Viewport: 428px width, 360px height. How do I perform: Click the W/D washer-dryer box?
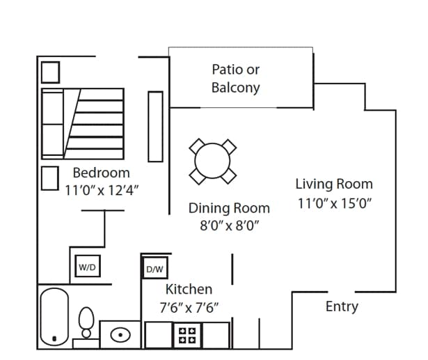pyautogui.click(x=88, y=266)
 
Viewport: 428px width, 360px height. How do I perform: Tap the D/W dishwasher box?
pyautogui.click(x=154, y=268)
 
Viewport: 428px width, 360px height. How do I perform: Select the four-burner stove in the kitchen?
pyautogui.click(x=187, y=336)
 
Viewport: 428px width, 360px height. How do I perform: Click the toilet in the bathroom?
pyautogui.click(x=86, y=322)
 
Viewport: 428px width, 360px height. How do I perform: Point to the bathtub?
pyautogui.click(x=54, y=317)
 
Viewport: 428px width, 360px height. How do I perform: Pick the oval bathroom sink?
pyautogui.click(x=120, y=335)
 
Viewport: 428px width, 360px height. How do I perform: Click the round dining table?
pyautogui.click(x=212, y=161)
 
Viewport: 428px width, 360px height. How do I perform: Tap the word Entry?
pyautogui.click(x=342, y=307)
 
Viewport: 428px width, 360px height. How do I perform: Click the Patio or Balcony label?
pyautogui.click(x=235, y=79)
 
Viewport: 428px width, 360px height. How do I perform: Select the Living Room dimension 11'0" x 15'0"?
pyautogui.click(x=335, y=203)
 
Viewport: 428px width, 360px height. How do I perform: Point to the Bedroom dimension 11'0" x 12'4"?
pyautogui.click(x=102, y=190)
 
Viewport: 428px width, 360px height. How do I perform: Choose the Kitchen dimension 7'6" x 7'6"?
pyautogui.click(x=189, y=308)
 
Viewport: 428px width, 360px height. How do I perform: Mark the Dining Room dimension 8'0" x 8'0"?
pyautogui.click(x=229, y=226)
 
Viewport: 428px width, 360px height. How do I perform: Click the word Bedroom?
pyautogui.click(x=102, y=173)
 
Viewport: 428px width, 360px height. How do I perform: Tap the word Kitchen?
pyautogui.click(x=189, y=289)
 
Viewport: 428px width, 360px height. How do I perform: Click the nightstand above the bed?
pyautogui.click(x=51, y=72)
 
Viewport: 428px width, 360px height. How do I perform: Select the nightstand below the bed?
pyautogui.click(x=50, y=178)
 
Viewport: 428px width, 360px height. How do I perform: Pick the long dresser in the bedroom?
pyautogui.click(x=156, y=127)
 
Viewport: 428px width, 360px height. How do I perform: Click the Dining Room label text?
pyautogui.click(x=229, y=208)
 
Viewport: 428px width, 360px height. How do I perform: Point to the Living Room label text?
pyautogui.click(x=334, y=184)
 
